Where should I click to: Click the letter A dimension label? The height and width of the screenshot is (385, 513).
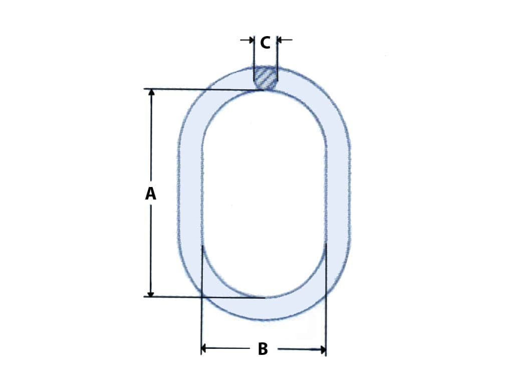coord(151,194)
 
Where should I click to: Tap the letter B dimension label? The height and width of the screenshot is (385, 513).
coord(263,349)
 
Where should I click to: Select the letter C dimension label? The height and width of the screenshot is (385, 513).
coord(265,43)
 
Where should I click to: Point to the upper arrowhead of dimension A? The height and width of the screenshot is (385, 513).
coord(151,93)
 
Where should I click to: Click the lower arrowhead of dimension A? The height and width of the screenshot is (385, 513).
coord(151,293)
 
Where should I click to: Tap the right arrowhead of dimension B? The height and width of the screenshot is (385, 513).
coord(322,349)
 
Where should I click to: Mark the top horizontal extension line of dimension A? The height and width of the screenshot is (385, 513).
coord(200,89)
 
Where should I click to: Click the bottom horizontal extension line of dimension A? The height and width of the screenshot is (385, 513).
coord(200,297)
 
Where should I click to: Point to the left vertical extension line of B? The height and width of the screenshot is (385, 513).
coord(201,301)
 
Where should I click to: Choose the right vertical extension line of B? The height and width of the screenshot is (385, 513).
coord(326,301)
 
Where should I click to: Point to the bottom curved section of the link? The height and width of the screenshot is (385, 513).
coord(265,309)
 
